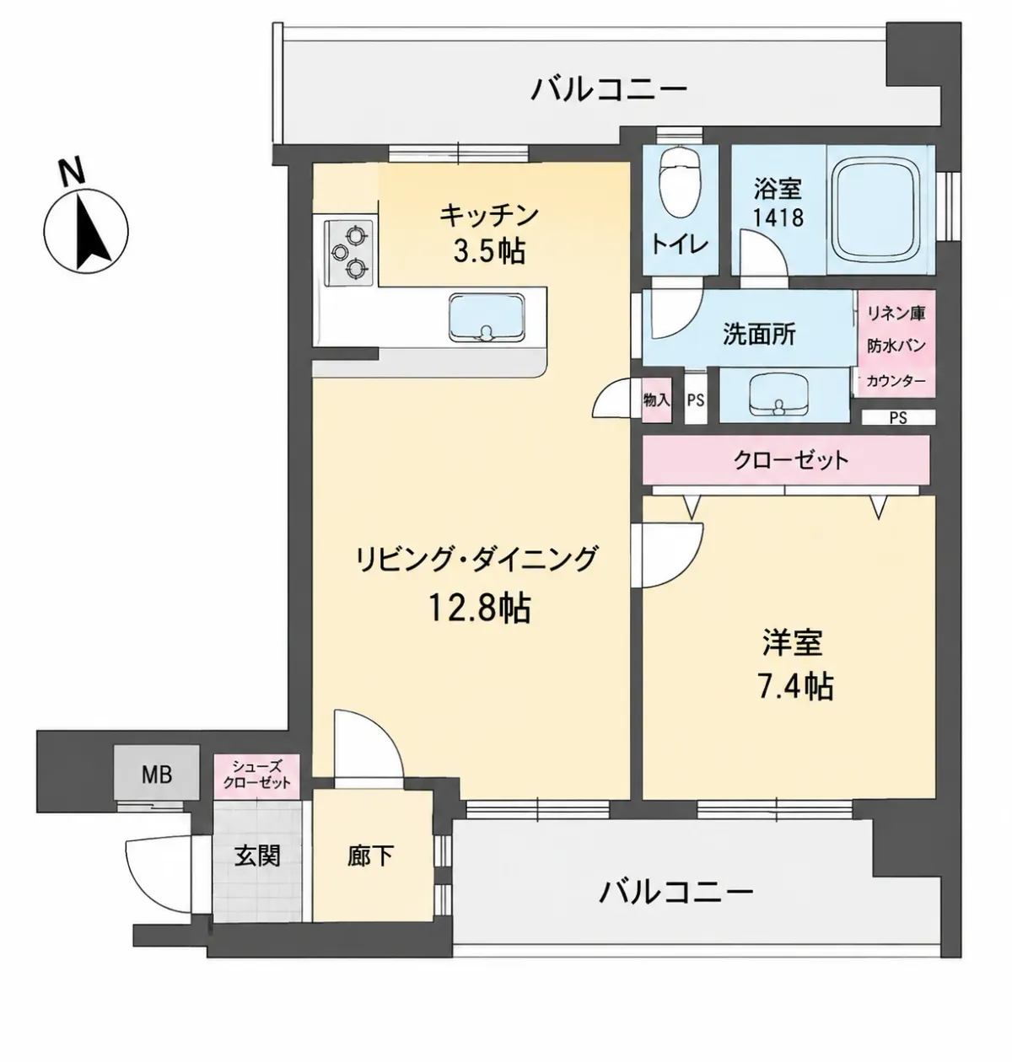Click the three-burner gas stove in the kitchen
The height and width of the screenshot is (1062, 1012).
(x=348, y=250)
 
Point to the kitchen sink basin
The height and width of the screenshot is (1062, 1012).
(x=487, y=318)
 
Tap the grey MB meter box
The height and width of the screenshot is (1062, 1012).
(x=156, y=775)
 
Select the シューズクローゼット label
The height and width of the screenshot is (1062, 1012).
(x=256, y=775)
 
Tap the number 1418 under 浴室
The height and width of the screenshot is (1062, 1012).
(x=778, y=217)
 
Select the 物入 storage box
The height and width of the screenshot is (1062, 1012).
(x=657, y=400)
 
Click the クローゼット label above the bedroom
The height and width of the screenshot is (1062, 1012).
(x=791, y=460)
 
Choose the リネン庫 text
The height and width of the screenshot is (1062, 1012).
(x=896, y=314)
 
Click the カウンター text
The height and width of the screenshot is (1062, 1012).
(x=896, y=381)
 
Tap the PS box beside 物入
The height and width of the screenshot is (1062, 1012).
(x=696, y=400)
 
